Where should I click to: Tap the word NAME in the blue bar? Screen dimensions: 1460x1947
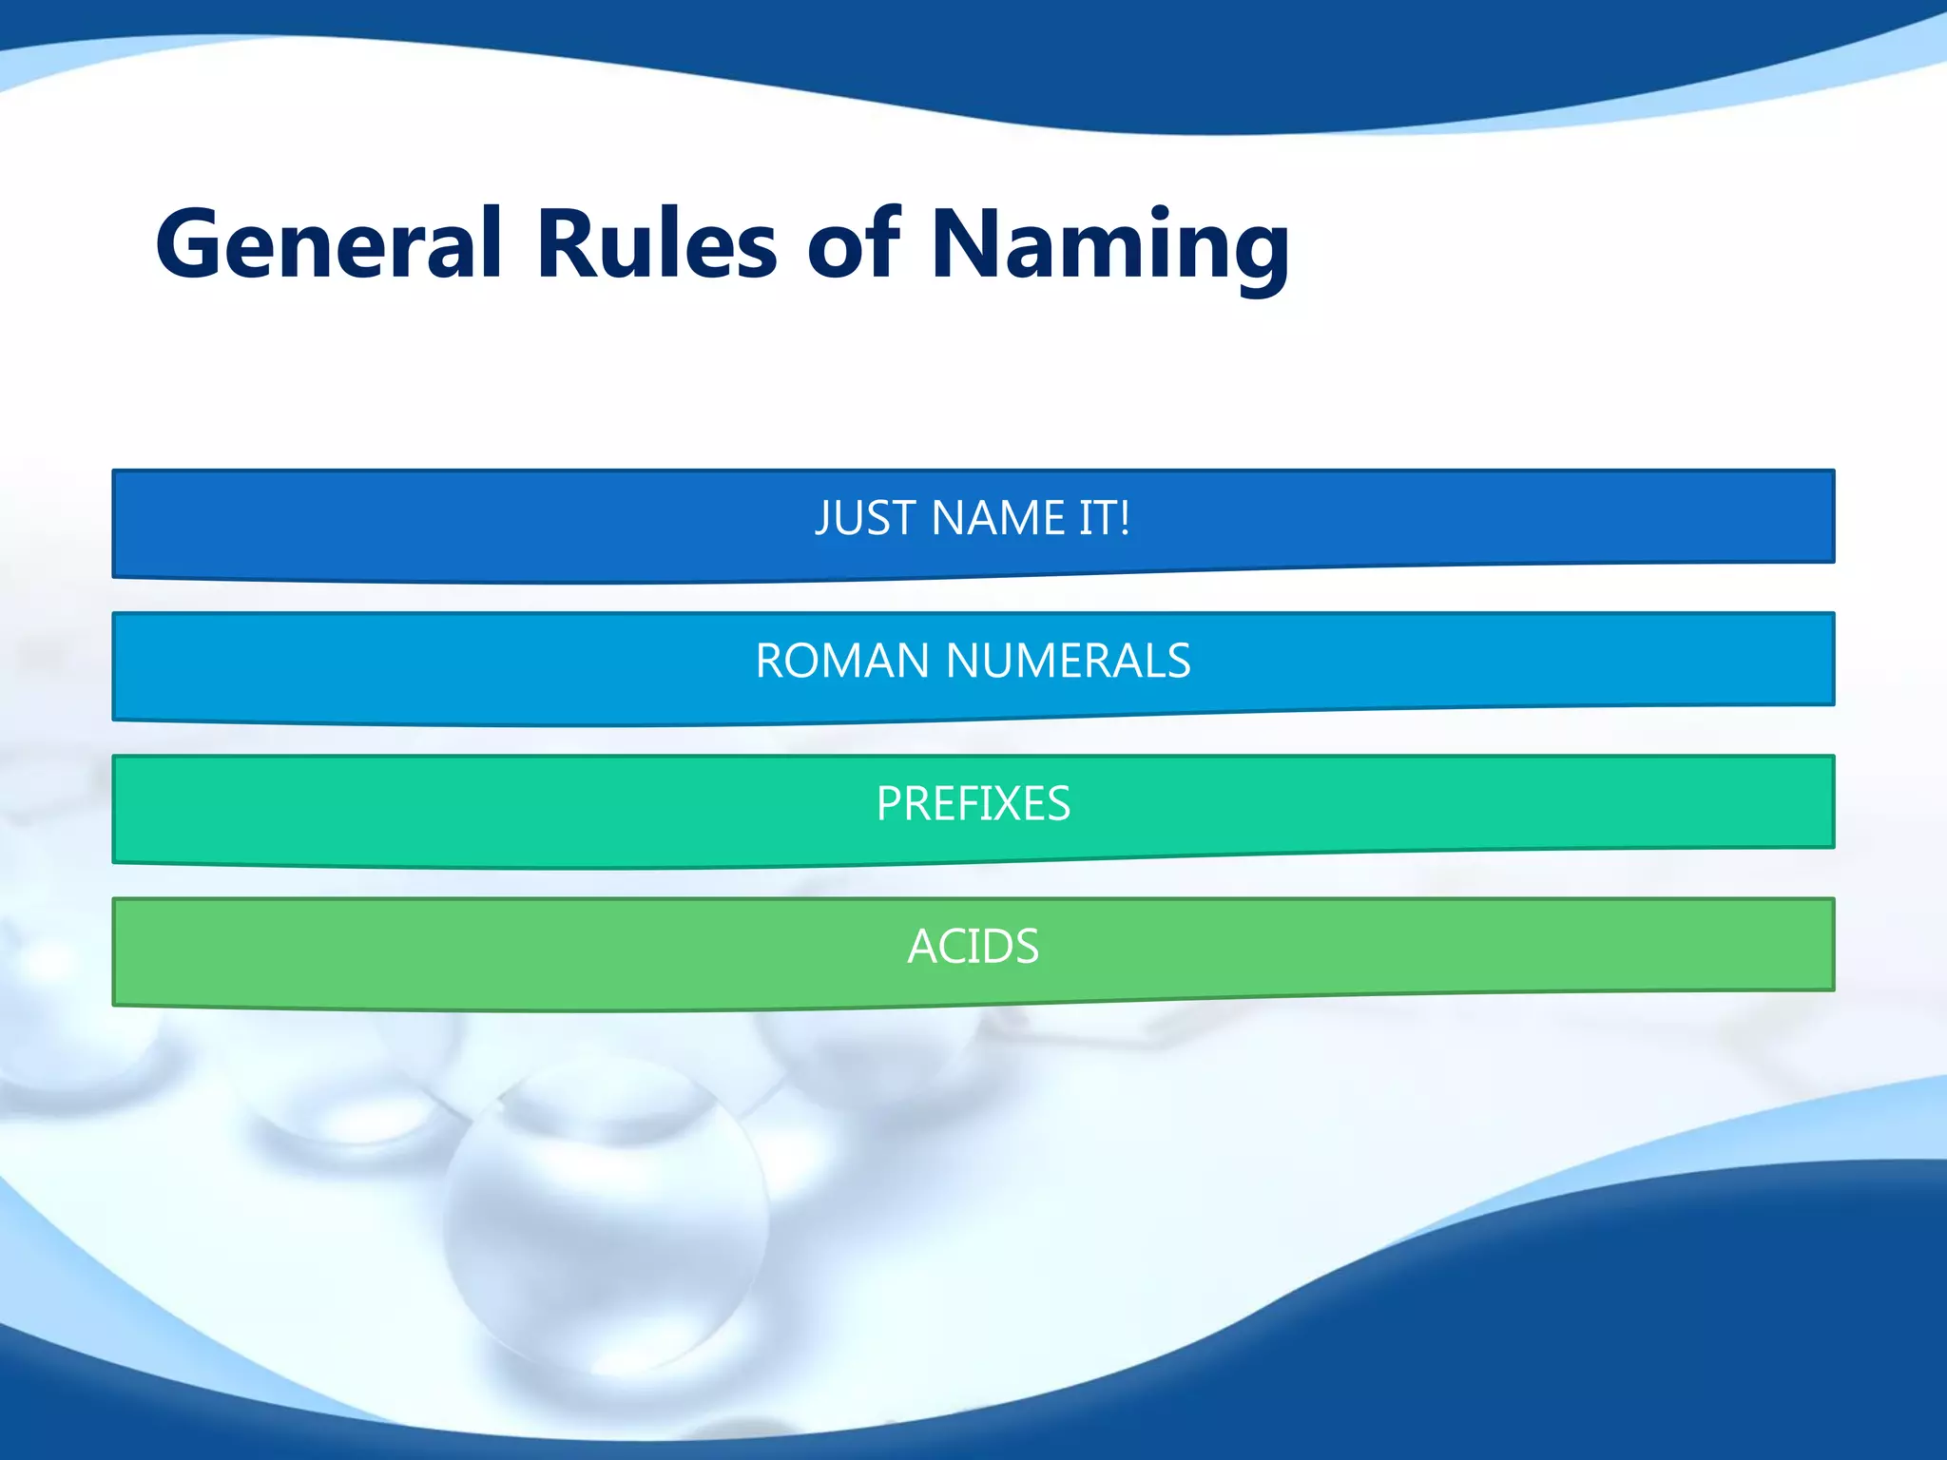[998, 518]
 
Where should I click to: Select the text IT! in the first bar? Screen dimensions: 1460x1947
[1104, 518]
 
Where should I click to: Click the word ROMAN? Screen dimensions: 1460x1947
[842, 661]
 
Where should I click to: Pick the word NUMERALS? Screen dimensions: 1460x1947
[1069, 661]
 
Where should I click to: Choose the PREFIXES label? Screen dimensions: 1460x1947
[973, 803]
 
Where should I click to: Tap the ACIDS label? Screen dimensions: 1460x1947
[973, 946]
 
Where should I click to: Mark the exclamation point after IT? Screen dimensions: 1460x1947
[1125, 518]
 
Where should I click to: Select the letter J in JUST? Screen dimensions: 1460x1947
[823, 520]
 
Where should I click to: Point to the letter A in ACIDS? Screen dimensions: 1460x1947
[923, 946]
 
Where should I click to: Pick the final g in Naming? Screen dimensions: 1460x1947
[1256, 253]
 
